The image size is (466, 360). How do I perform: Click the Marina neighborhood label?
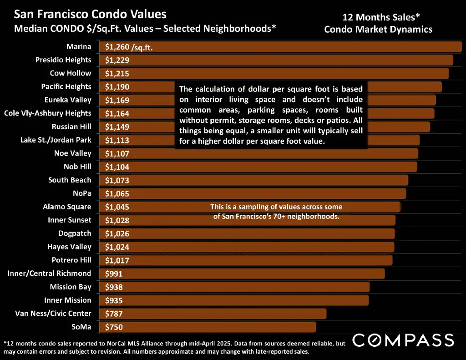pos(79,46)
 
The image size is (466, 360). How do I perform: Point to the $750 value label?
pos(114,327)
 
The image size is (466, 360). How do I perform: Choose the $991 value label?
pos(114,274)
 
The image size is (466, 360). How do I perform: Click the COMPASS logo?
pos(403,340)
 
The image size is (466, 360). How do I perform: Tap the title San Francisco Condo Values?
pos(90,15)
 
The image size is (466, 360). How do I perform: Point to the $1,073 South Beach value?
pos(117,181)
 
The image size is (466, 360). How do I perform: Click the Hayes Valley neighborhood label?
pos(69,247)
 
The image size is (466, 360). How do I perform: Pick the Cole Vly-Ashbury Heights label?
pos(47,113)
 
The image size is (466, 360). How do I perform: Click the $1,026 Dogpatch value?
pos(117,234)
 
